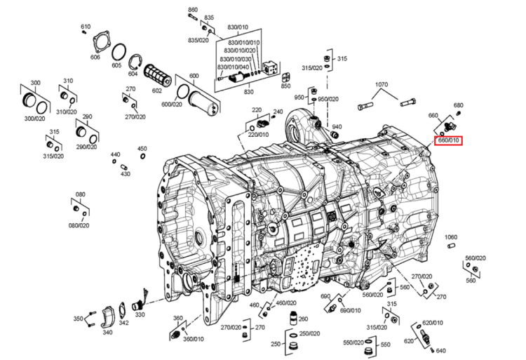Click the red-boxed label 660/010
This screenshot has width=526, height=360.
point(449,140)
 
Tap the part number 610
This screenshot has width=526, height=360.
point(86,27)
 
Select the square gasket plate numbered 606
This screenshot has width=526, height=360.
point(101,42)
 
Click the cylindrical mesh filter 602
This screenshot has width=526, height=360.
point(157,76)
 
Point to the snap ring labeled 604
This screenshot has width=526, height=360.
point(136,62)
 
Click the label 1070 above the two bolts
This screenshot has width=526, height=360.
point(382,84)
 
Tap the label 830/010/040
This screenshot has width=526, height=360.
point(233,67)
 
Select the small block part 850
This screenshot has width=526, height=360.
point(286,78)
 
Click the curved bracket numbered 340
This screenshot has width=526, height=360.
point(108,316)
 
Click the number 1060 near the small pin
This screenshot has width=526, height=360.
point(451,237)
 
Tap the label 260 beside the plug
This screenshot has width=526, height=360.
point(303,319)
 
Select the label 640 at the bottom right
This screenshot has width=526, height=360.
point(441,351)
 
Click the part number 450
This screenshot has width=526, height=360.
point(142,149)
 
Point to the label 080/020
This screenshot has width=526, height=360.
point(79,225)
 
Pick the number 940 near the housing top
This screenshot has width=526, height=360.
point(337,126)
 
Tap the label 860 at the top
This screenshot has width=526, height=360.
point(193,10)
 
